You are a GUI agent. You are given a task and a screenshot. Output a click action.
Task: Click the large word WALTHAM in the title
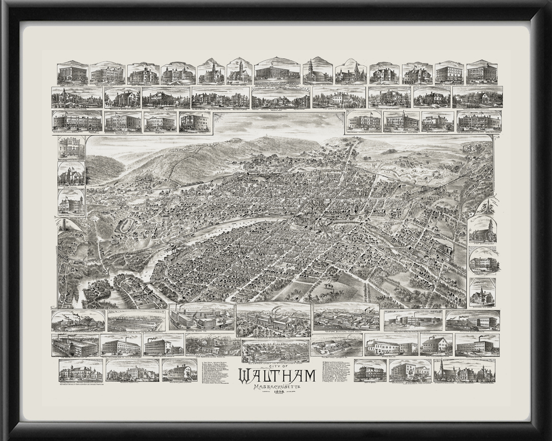pos(277,376)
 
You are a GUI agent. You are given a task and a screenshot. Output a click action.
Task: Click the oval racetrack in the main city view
pos(124,225)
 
